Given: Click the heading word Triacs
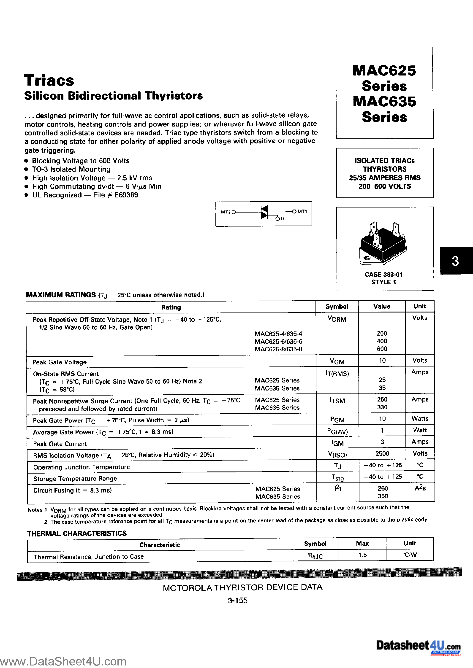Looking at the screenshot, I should pos(49,80).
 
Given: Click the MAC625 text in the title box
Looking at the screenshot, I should pos(384,71).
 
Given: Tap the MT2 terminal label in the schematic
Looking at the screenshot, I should pos(226,212).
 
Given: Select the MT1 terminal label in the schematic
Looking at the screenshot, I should pos(302,212).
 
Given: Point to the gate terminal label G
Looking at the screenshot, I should pos(283,218).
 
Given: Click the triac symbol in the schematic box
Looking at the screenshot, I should pos(264,212).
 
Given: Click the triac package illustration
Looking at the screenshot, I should pos(383,244).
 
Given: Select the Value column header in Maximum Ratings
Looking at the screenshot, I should pos(382,306).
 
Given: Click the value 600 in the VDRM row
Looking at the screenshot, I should pos(382,349).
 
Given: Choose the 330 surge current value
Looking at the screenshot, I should pos(382,407).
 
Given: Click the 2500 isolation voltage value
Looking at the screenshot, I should pos(382,454).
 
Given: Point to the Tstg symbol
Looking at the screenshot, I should pos(337,477).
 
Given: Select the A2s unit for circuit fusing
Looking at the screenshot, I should pos(420,488).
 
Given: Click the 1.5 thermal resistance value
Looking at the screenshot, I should pos(362,555).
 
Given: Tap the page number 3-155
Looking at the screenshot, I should pos(237,601).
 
